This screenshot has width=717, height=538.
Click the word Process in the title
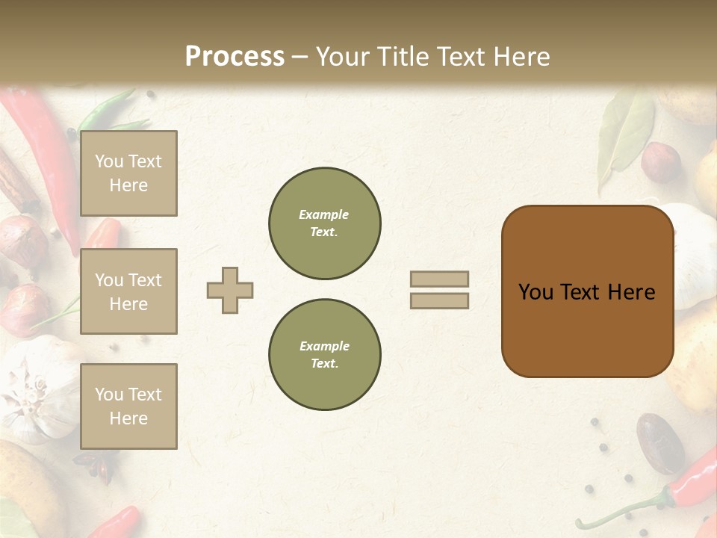coord(235,57)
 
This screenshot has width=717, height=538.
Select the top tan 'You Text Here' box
coord(128,173)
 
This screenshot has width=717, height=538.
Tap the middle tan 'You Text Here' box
coord(128,291)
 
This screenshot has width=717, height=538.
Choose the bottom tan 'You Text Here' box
coord(128,406)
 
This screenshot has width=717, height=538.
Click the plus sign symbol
coord(230,290)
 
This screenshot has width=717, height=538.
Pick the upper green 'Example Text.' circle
coord(325,223)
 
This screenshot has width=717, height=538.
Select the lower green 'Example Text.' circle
coord(325,355)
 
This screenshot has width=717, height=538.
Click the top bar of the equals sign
coord(439,279)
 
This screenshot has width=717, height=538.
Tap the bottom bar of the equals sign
coord(439,300)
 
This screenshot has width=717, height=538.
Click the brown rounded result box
coord(587,291)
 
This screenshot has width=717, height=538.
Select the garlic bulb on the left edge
coord(41,389)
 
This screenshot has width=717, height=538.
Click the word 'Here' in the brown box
coord(631,292)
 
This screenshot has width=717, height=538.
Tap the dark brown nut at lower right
coord(659,442)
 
